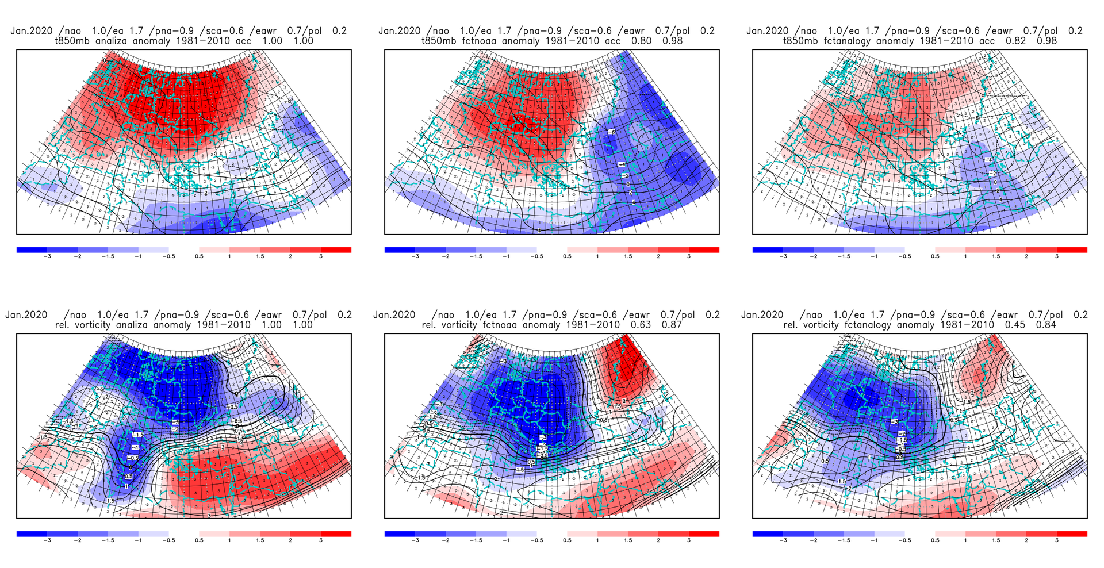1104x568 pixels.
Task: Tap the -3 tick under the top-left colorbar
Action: [x=47, y=256]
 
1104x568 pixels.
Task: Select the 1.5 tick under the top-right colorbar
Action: [x=995, y=256]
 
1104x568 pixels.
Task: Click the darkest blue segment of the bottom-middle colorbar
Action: [x=400, y=534]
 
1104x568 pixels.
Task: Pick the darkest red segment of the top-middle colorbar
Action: [x=704, y=250]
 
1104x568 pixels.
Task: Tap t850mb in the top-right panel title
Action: [x=802, y=41]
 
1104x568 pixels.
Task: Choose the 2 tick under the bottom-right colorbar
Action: [x=1026, y=540]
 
